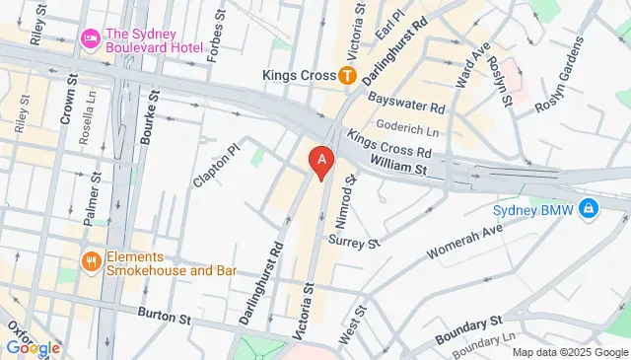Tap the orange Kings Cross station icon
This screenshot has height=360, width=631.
click(347, 74)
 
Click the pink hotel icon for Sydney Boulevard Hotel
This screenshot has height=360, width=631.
click(90, 37)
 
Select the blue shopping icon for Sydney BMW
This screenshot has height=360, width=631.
click(589, 208)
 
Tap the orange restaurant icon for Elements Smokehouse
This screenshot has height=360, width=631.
click(90, 261)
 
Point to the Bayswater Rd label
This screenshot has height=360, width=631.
click(406, 99)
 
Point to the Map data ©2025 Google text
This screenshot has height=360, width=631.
click(569, 352)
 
